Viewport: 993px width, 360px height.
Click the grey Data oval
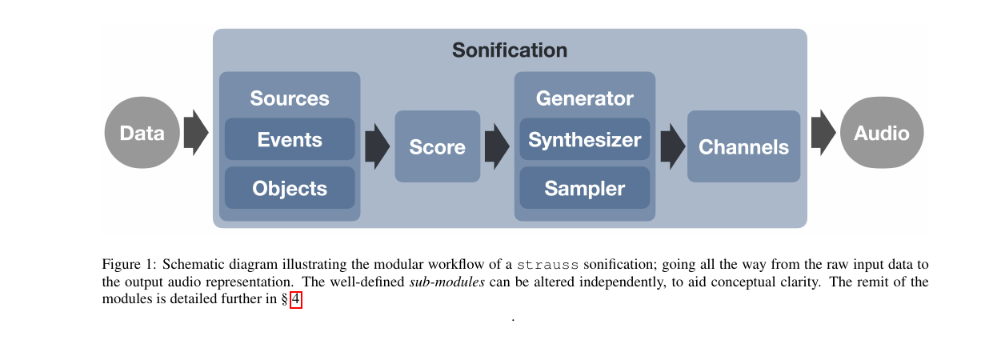pos(142,133)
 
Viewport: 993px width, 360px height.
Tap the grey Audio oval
pos(881,133)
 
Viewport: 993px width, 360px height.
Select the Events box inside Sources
pos(290,140)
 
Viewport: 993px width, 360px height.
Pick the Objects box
pos(290,188)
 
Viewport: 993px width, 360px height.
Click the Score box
pos(437,147)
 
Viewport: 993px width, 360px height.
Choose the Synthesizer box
pos(584,140)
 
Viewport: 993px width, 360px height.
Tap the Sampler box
pos(584,188)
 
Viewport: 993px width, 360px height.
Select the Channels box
pos(743,147)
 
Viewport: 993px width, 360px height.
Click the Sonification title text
pos(510,50)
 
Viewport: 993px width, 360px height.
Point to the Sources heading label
pos(290,98)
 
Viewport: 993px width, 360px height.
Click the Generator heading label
pos(584,98)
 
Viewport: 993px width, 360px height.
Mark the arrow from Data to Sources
pos(195,133)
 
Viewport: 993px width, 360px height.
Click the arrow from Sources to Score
pos(376,146)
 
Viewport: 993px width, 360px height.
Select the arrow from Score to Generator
pos(496,146)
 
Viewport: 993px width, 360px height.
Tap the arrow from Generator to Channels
pos(672,146)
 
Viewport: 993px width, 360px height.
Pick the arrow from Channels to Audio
pos(823,133)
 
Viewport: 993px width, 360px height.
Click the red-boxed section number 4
pos(296,300)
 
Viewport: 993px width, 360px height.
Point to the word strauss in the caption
pos(547,265)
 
